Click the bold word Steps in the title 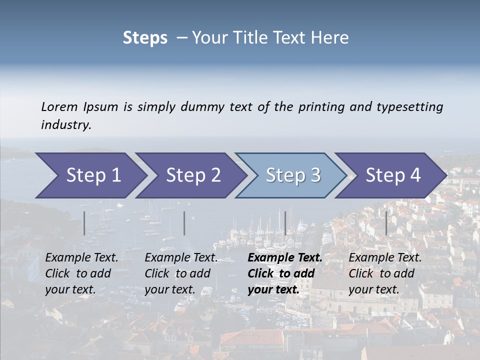click(145, 37)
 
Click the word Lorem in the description click(59, 106)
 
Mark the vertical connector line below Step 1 click(84, 223)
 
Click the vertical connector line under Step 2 click(184, 223)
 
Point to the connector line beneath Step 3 click(285, 223)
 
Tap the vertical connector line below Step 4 click(386, 223)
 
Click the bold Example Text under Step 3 click(285, 257)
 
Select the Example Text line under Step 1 click(81, 257)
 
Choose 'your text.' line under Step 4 click(373, 289)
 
